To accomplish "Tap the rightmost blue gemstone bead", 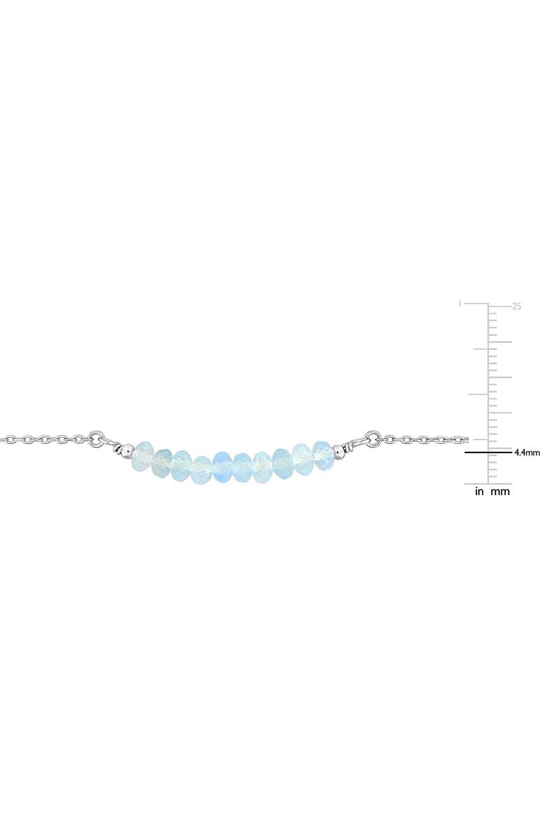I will (x=322, y=450).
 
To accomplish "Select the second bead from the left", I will (x=163, y=458).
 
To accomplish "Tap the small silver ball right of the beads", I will (x=340, y=450).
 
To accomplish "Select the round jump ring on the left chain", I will (x=98, y=439).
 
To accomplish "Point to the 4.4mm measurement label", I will (x=527, y=452).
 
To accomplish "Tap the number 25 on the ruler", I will (x=517, y=306).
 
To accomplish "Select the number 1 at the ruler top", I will (x=459, y=304).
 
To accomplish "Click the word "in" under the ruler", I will (x=480, y=492).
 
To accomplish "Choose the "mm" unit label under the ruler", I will (x=500, y=492).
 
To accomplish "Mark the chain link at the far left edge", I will (x=6, y=440).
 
